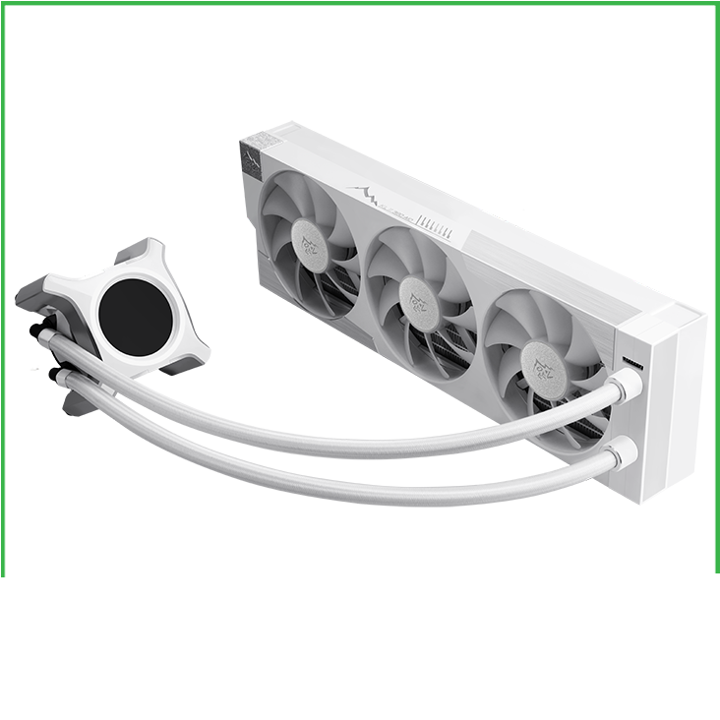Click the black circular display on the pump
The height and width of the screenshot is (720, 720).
pyautogui.click(x=136, y=316)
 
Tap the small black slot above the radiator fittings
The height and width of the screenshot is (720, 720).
pyautogui.click(x=631, y=362)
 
